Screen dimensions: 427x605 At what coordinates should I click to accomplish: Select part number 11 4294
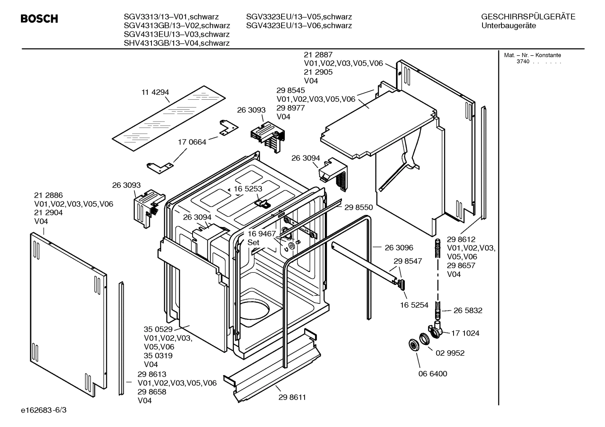click(155, 92)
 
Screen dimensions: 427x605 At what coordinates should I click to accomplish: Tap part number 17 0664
click(192, 142)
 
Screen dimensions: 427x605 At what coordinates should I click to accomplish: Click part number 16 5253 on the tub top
click(248, 189)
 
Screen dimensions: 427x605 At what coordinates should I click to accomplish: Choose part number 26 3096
click(399, 248)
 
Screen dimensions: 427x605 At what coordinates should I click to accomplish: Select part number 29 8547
click(407, 261)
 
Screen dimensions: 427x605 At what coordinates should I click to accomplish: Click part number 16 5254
click(414, 305)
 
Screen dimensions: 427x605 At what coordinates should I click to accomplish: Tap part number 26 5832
click(468, 311)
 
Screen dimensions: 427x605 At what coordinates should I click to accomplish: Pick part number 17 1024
click(465, 333)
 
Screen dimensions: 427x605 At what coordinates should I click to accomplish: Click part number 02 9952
click(450, 353)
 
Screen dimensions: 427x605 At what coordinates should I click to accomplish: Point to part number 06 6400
click(433, 373)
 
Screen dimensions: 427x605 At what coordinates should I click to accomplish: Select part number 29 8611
click(292, 397)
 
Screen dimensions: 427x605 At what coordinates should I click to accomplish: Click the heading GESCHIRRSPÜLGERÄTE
click(528, 17)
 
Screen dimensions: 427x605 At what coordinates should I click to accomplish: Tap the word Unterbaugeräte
click(509, 26)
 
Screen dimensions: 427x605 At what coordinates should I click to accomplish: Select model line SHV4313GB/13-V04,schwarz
click(176, 43)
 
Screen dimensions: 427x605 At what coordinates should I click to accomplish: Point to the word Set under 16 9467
click(253, 243)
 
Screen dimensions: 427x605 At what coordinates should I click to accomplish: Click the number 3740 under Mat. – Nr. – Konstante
click(523, 62)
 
